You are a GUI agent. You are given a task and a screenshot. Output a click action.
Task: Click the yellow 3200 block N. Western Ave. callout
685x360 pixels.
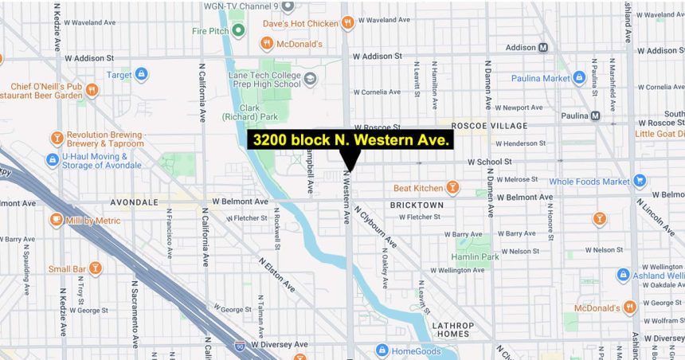click(x=350, y=140)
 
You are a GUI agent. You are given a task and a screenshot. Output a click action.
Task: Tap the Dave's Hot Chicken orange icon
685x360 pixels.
click(x=346, y=24)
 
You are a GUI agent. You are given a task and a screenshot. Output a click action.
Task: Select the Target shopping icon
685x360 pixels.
click(x=141, y=75)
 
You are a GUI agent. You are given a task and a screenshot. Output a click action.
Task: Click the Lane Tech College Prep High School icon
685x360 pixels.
click(x=310, y=78)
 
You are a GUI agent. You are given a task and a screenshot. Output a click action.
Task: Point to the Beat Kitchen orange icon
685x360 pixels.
click(x=452, y=188)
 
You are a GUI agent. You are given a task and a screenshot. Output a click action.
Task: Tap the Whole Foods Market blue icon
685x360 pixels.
click(x=639, y=182)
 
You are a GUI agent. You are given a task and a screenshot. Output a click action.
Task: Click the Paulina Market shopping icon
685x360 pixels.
click(x=579, y=78)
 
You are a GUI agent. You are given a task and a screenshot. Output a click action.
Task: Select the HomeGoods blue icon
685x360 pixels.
click(x=382, y=350)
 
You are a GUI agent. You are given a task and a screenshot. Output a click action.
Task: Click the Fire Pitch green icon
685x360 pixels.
click(x=237, y=31)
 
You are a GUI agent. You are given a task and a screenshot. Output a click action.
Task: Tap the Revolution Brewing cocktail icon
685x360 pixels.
click(x=57, y=139)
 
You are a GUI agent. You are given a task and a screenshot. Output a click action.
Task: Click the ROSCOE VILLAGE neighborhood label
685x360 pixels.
click(x=488, y=126)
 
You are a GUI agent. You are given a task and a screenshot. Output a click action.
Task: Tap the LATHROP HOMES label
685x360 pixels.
click(x=452, y=330)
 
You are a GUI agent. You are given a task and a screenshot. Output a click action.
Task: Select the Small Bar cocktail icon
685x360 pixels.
click(x=95, y=268)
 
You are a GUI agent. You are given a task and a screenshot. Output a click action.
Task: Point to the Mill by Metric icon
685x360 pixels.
click(x=57, y=219)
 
